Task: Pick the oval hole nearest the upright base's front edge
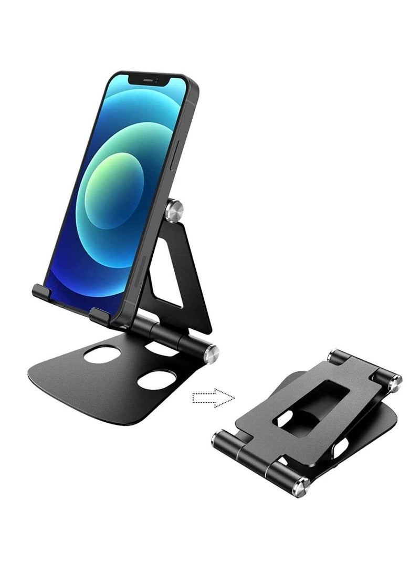point(156,379)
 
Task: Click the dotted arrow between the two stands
point(213,398)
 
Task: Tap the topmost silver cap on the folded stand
point(334,358)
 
